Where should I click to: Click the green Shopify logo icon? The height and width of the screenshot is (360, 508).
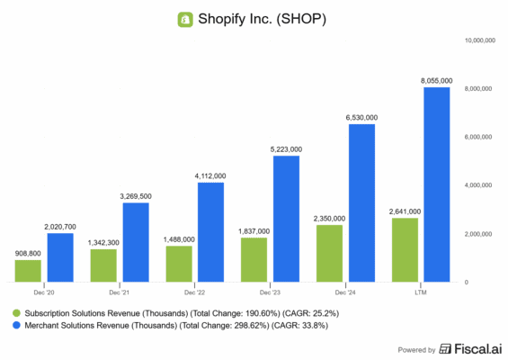pyautogui.click(x=187, y=18)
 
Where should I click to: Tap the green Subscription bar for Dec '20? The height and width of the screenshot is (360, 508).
pyautogui.click(x=28, y=271)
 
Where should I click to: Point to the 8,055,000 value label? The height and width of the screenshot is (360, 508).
pyautogui.click(x=436, y=81)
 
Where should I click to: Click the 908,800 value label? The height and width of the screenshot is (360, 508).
pyautogui.click(x=28, y=254)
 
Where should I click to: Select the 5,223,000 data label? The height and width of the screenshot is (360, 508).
pyautogui.click(x=286, y=149)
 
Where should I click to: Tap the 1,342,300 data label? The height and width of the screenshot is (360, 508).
pyautogui.click(x=103, y=243)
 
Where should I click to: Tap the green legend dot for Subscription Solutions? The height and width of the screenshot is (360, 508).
pyautogui.click(x=16, y=312)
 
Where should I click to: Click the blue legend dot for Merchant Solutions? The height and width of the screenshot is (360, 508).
pyautogui.click(x=16, y=326)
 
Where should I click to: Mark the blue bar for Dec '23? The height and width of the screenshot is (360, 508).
pyautogui.click(x=286, y=220)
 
